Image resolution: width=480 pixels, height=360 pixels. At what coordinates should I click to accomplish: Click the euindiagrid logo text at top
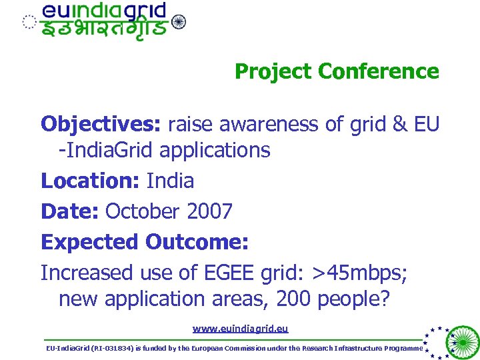click(x=104, y=11)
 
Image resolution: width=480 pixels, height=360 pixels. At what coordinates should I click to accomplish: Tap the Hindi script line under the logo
click(x=104, y=29)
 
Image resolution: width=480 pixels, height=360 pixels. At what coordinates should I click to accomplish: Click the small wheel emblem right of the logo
click(x=179, y=22)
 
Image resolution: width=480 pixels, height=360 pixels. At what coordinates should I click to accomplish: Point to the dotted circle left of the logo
click(x=27, y=22)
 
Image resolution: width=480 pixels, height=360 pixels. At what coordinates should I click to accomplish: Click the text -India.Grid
click(x=111, y=151)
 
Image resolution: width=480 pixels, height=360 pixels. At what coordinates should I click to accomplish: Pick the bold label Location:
click(x=91, y=181)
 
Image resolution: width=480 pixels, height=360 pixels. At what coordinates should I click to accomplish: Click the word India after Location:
click(x=170, y=181)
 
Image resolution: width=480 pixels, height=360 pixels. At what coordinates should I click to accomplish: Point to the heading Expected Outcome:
click(x=145, y=241)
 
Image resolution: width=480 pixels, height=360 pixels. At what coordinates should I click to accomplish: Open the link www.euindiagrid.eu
click(x=240, y=329)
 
